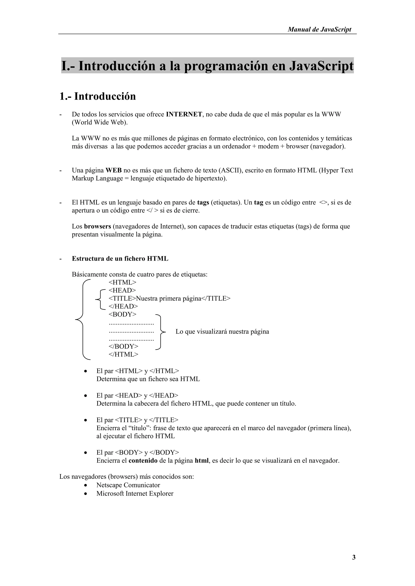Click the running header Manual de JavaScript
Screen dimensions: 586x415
click(x=319, y=29)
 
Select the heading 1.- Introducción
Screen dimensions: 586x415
click(x=98, y=96)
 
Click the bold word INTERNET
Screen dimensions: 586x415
click(x=184, y=114)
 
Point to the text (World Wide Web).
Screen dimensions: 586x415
click(x=100, y=122)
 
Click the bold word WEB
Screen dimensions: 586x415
click(x=113, y=170)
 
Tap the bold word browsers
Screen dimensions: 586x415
click(x=97, y=226)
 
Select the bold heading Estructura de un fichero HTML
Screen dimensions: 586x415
click(x=120, y=259)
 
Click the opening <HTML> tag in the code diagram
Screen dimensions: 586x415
click(x=122, y=282)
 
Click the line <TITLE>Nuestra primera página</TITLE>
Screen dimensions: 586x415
click(x=169, y=298)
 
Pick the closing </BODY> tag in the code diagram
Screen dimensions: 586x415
click(x=123, y=346)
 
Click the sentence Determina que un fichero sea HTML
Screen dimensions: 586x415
click(x=148, y=379)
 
